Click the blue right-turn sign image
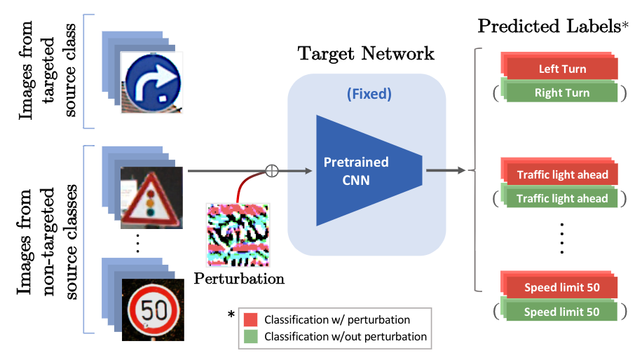click(153, 81)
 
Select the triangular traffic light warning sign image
click(151, 198)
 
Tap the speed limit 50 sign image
click(153, 308)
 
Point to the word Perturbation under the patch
click(239, 279)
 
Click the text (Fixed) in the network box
click(369, 92)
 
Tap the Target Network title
click(366, 53)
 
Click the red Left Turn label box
click(562, 69)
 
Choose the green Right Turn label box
click(562, 92)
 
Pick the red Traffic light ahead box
click(562, 175)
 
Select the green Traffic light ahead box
click(562, 198)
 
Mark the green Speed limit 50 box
click(562, 312)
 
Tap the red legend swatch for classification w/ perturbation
click(252, 319)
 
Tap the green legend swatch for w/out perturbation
click(252, 336)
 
